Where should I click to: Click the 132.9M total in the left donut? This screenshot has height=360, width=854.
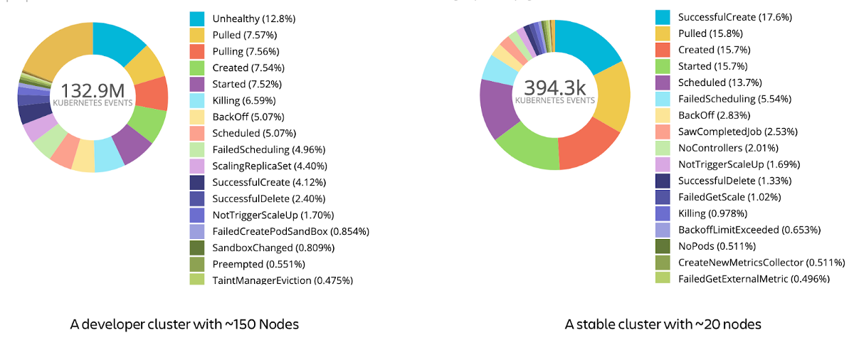pyautogui.click(x=93, y=91)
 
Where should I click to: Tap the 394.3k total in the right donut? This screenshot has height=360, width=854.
pyautogui.click(x=554, y=88)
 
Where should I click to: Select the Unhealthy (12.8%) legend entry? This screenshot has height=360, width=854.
pyautogui.click(x=253, y=18)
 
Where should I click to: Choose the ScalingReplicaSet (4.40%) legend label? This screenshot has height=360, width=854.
pyautogui.click(x=270, y=166)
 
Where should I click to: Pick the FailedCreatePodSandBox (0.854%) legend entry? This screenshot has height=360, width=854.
pyautogui.click(x=290, y=231)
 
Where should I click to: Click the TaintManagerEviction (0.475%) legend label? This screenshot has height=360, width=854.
pyautogui.click(x=283, y=280)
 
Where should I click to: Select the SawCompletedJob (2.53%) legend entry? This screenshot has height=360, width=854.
pyautogui.click(x=728, y=132)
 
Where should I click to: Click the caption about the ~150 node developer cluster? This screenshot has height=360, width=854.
pyautogui.click(x=184, y=324)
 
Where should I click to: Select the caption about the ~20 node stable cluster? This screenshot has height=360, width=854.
pyautogui.click(x=663, y=324)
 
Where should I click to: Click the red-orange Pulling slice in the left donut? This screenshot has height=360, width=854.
pyautogui.click(x=152, y=93)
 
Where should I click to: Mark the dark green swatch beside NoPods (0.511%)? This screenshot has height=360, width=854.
pyautogui.click(x=662, y=246)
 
